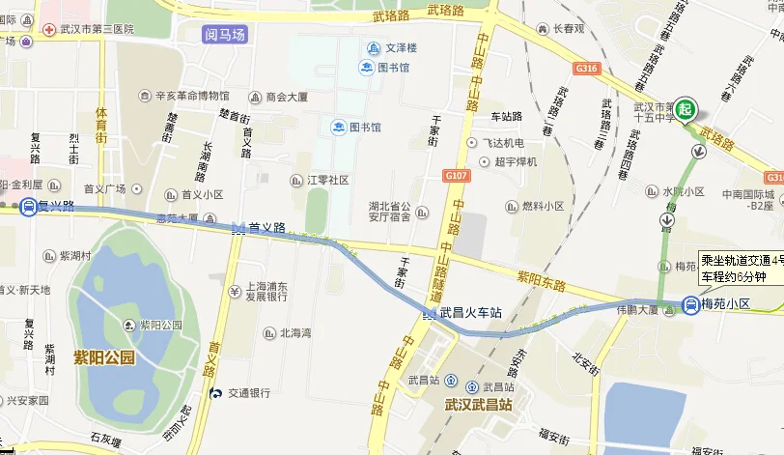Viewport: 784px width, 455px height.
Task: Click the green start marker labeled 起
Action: point(686,109)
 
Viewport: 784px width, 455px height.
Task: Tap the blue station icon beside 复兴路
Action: point(29,207)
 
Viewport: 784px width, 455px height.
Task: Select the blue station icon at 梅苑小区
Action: point(691,305)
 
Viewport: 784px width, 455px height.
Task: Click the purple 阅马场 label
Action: point(225,35)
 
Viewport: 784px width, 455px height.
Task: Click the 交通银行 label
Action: point(248,392)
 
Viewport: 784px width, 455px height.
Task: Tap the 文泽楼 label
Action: point(397,47)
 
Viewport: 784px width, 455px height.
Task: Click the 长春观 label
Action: point(569,29)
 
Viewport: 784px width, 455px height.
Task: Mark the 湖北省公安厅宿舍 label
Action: point(390,211)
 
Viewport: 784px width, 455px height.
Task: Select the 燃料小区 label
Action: point(542,206)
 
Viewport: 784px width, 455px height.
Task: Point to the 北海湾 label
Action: point(295,333)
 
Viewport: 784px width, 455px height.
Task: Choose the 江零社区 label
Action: point(327,180)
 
